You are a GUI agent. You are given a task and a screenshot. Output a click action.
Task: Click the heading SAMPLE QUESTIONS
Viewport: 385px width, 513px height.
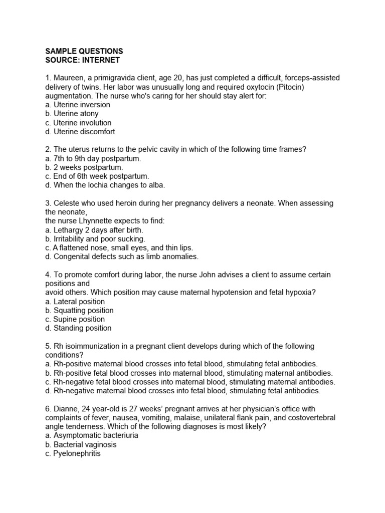(x=84, y=51)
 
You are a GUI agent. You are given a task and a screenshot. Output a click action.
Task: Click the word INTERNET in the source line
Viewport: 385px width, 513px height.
(x=103, y=60)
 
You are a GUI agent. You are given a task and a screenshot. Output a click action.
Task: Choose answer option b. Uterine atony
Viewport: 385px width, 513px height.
(x=72, y=114)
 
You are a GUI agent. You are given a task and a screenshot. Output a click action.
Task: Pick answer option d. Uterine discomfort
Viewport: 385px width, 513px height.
(x=80, y=132)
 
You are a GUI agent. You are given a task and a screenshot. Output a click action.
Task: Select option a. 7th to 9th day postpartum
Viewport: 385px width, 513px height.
(x=93, y=158)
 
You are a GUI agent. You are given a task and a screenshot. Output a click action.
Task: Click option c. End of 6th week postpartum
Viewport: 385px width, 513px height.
(x=97, y=176)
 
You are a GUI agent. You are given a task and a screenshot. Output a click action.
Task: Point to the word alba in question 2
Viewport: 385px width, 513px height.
(x=154, y=185)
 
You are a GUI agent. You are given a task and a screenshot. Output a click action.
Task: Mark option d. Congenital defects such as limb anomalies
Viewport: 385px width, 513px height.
(x=121, y=256)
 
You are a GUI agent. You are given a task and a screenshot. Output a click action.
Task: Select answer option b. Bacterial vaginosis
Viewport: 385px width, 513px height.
(x=81, y=444)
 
